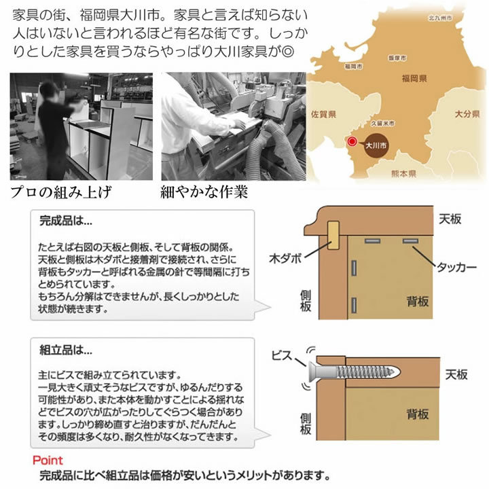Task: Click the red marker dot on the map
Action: click(x=352, y=142)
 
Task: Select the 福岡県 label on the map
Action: click(x=413, y=79)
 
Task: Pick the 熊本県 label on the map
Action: click(x=403, y=174)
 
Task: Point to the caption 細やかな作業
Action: click(x=202, y=191)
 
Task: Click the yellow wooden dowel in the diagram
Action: click(x=335, y=236)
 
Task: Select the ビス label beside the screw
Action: click(x=280, y=354)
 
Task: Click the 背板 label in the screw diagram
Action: click(x=417, y=413)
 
